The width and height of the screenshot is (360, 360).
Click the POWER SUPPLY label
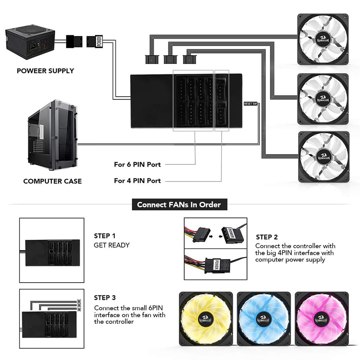45,71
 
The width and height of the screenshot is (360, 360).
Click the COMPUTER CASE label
52,181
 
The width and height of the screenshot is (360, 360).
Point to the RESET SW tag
250,104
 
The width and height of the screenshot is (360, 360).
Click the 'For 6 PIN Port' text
137,164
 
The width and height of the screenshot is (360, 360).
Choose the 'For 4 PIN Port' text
137,181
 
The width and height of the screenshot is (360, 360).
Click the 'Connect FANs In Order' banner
179,205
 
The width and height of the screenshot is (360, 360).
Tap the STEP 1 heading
104,236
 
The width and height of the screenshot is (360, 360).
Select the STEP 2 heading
267,237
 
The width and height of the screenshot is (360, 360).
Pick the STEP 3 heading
105,298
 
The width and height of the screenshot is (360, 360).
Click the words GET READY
111,245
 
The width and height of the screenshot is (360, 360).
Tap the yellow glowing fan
206,318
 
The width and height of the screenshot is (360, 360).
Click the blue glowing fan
264,318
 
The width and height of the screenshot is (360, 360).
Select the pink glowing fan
321,318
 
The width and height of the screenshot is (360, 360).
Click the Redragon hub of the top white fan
323,39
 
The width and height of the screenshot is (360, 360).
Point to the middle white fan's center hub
323,98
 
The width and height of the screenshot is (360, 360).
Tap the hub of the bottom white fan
323,157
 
